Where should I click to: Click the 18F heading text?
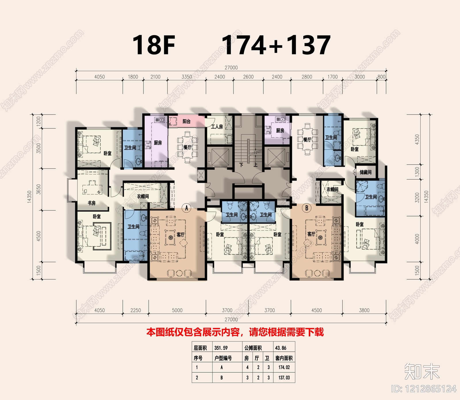(154, 45)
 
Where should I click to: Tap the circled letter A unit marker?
(187, 208)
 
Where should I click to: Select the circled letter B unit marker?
(307, 208)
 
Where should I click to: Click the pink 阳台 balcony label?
(187, 121)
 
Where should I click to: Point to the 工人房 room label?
(217, 127)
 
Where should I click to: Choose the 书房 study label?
(92, 203)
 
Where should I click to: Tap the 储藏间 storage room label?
(365, 172)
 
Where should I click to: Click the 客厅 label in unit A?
(181, 235)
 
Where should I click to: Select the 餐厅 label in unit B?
(307, 140)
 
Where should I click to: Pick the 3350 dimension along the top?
(187, 77)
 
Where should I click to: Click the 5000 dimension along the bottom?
(177, 310)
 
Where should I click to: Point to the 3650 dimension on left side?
(39, 189)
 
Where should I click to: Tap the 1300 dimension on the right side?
(417, 172)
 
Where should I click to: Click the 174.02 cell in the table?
(284, 367)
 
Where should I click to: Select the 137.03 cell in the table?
(284, 378)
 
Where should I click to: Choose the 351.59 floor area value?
(221, 348)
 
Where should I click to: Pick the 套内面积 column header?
(284, 358)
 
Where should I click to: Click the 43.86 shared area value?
(281, 348)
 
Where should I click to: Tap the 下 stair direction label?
(241, 165)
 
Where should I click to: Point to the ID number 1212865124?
(424, 389)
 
